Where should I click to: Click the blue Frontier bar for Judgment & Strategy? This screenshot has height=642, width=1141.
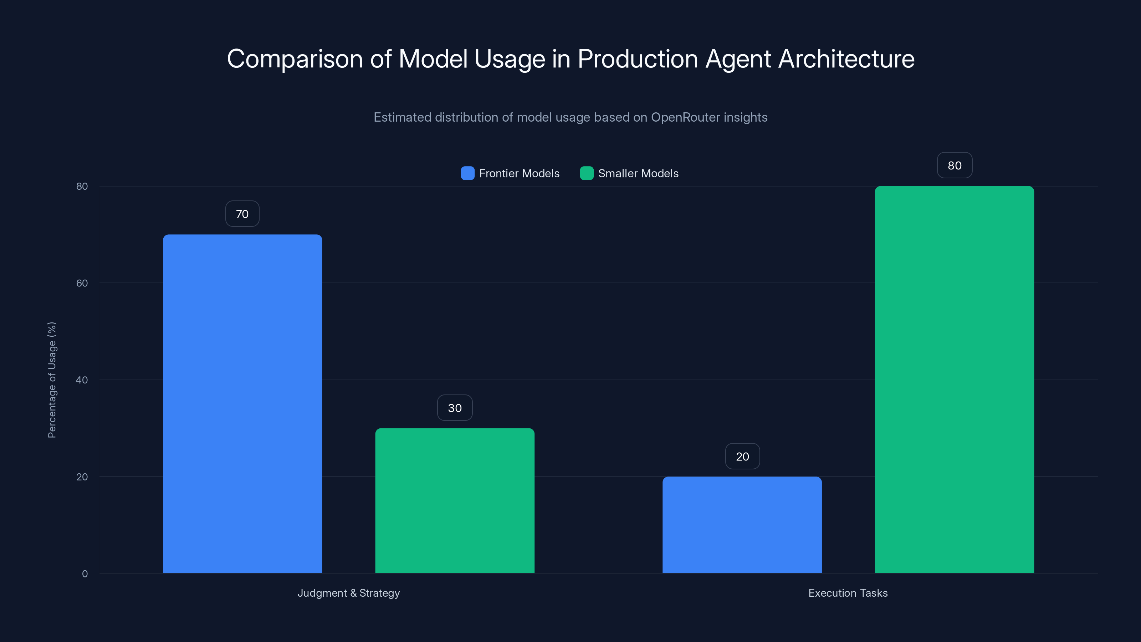[x=242, y=403]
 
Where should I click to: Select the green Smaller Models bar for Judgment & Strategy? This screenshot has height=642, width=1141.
[x=455, y=501]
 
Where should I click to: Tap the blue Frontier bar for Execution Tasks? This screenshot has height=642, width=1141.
[x=742, y=525]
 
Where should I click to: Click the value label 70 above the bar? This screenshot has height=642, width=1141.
[x=242, y=214]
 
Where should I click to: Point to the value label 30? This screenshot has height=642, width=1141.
[x=455, y=408]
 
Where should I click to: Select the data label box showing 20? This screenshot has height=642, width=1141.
[x=742, y=457]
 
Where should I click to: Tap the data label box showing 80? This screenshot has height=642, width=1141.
[x=955, y=165]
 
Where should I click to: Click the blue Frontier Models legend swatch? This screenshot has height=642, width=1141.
[x=467, y=173]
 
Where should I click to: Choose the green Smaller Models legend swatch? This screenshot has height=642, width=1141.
[x=587, y=173]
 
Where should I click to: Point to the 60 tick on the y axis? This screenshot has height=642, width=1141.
[x=82, y=283]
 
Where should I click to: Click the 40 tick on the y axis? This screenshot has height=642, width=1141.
[x=82, y=380]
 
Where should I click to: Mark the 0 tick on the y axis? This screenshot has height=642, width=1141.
[x=85, y=574]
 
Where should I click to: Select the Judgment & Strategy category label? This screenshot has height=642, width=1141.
[x=349, y=593]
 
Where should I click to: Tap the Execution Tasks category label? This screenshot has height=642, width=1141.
[x=848, y=593]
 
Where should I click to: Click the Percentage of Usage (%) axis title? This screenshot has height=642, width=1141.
[x=52, y=380]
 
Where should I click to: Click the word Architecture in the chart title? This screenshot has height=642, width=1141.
[x=846, y=59]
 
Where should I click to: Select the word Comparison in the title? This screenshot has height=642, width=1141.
[x=295, y=59]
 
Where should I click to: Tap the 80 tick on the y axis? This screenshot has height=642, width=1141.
[x=82, y=186]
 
